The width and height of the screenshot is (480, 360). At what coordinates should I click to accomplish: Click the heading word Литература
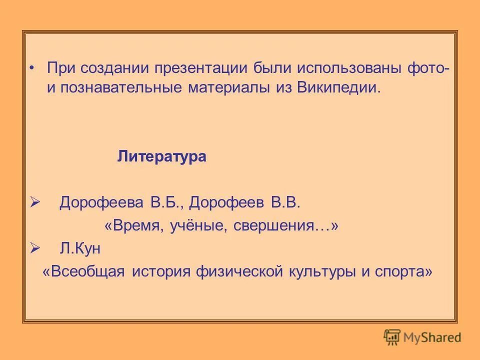161,157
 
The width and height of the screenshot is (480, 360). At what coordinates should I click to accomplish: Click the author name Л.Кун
80,248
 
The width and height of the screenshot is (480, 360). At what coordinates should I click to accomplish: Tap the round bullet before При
32,67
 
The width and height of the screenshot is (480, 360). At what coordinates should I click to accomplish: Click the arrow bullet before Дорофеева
34,202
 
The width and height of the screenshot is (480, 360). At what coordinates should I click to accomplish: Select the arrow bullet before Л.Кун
34,248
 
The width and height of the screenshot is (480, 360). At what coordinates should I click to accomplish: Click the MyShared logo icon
392,336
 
